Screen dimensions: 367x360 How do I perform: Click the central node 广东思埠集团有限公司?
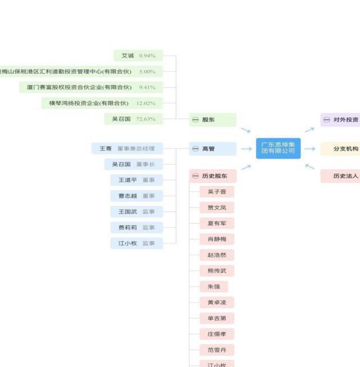(x=278, y=148)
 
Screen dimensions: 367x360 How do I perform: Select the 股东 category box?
(x=212, y=120)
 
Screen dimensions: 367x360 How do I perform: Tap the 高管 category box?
(x=212, y=149)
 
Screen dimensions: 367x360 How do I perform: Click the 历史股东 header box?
(x=212, y=176)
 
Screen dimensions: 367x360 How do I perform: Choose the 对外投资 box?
(x=340, y=120)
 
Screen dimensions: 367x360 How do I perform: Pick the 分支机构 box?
(x=340, y=149)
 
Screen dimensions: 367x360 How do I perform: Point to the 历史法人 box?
(x=340, y=176)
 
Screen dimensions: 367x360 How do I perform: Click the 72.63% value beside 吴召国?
(x=146, y=119)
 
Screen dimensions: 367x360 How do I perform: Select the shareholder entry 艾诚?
(x=128, y=56)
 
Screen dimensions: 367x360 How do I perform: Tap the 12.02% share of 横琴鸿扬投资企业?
(x=146, y=103)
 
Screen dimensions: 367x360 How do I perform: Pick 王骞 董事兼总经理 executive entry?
(x=127, y=148)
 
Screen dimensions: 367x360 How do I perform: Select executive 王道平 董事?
(x=136, y=180)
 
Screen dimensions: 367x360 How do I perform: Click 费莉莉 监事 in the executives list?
(x=136, y=228)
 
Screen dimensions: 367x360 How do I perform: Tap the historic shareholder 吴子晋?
(x=217, y=192)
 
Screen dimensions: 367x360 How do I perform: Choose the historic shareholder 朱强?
(x=214, y=287)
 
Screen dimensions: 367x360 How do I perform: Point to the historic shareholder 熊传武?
(x=217, y=271)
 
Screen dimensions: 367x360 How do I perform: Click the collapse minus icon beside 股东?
(x=195, y=120)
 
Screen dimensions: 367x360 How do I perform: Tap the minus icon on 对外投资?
(x=326, y=120)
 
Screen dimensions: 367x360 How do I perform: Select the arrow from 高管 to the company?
(x=246, y=149)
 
